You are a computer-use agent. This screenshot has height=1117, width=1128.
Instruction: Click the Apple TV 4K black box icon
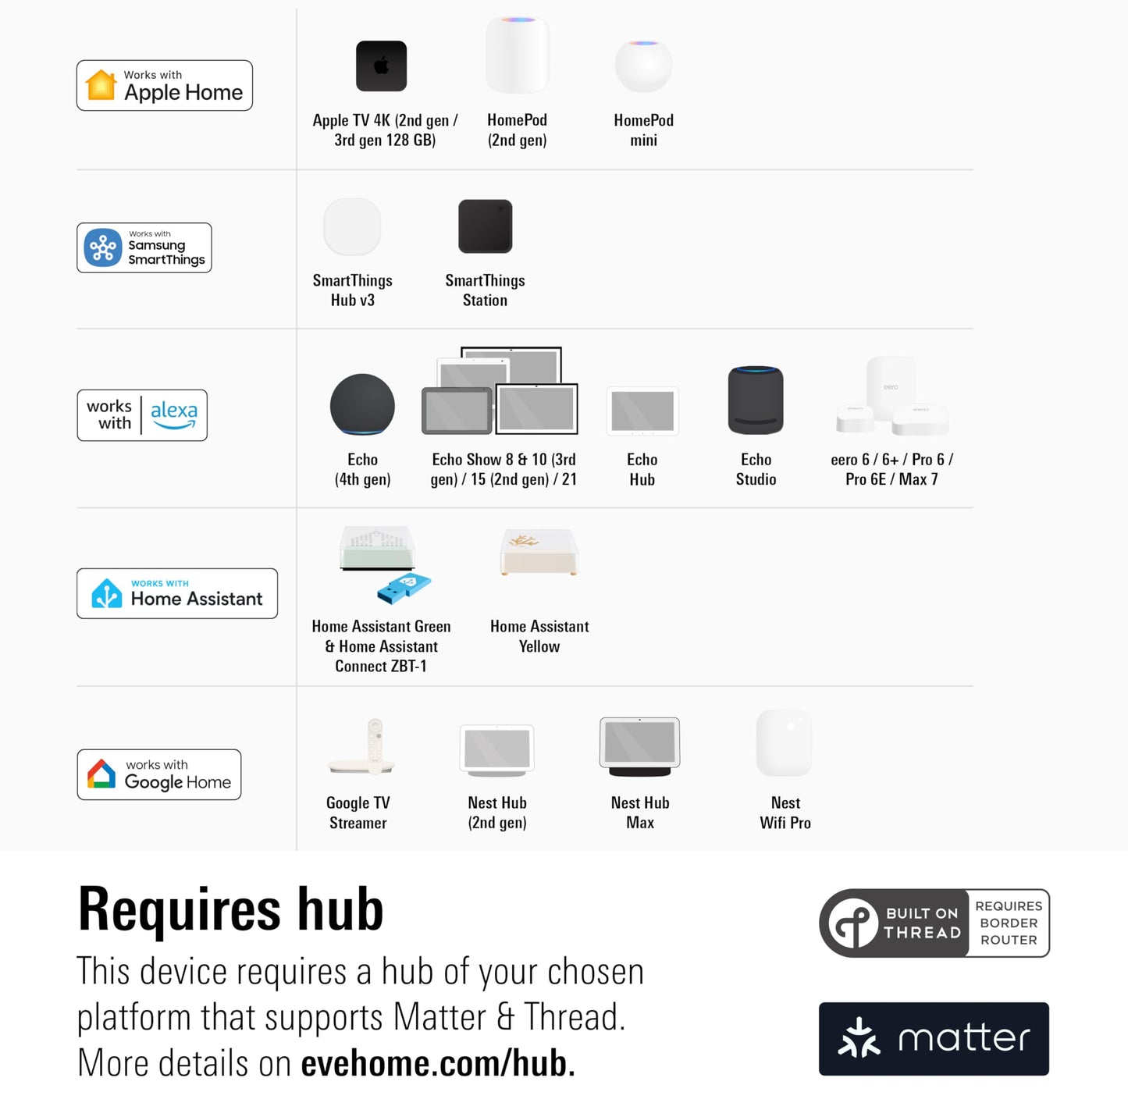click(381, 66)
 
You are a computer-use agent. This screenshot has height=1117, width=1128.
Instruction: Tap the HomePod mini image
click(643, 66)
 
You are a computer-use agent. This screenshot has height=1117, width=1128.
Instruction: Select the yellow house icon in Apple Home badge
click(101, 85)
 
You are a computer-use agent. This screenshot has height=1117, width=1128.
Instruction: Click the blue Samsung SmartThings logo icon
click(103, 248)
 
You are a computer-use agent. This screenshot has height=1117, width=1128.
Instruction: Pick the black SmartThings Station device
click(485, 226)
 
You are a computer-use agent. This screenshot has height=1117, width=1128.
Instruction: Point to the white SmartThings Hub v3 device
click(352, 226)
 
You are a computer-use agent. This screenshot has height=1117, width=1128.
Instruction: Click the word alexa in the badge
click(174, 411)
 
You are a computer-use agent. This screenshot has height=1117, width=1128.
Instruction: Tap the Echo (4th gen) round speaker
click(362, 405)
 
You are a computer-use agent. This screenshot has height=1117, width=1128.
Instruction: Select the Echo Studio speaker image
click(756, 400)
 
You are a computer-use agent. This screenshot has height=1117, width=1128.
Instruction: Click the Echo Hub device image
click(642, 411)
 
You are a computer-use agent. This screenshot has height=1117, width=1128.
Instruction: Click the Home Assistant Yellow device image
click(539, 552)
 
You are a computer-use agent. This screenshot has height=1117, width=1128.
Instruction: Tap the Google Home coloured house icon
click(101, 774)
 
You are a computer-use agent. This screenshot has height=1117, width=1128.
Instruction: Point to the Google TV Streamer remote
click(375, 745)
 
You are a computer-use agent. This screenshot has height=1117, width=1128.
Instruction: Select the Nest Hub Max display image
click(639, 746)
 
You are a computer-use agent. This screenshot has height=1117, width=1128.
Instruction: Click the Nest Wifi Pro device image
click(785, 743)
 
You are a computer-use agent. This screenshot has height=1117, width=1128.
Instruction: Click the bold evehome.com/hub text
click(438, 1063)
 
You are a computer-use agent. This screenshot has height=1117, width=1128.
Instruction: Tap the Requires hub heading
click(231, 910)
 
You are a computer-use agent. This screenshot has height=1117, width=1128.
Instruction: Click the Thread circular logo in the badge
click(853, 923)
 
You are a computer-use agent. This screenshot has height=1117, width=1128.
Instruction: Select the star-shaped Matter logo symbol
click(859, 1038)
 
